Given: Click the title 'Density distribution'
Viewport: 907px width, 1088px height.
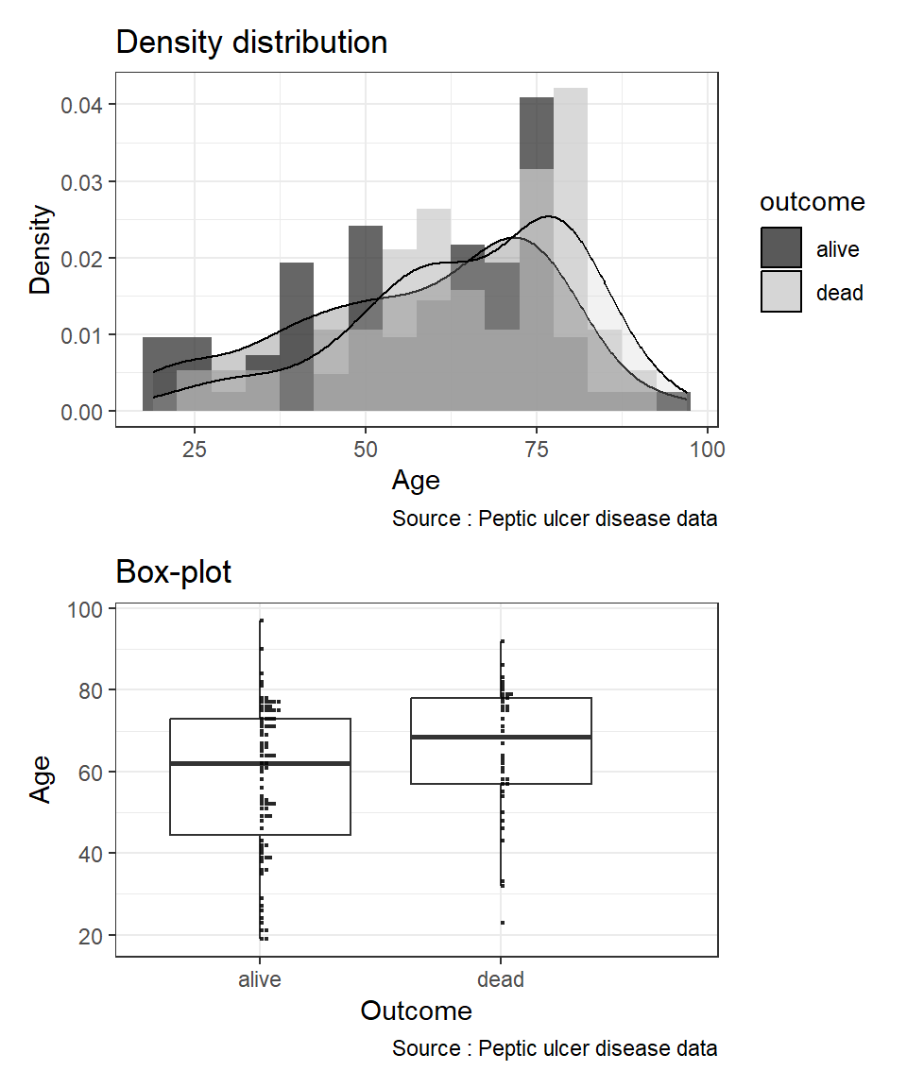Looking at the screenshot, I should pos(251,42).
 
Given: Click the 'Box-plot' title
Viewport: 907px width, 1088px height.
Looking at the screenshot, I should pos(173,572).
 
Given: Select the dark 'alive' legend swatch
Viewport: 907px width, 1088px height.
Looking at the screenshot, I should pos(781,247).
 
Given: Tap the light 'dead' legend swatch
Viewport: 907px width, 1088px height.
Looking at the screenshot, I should pos(781,292).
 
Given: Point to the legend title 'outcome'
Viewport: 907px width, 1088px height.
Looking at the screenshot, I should pos(813,202).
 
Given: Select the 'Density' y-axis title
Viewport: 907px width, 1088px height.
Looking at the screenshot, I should pos(41,249).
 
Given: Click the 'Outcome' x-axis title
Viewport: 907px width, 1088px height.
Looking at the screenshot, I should pos(416,1011).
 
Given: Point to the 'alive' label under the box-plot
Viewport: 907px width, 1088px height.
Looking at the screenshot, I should pos(260,980).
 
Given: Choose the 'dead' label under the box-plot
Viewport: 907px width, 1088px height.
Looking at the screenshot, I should pos(501,980).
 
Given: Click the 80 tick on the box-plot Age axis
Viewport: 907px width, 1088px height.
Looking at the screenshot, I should pos(92,690).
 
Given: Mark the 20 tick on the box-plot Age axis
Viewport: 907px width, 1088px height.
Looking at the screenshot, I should pos(92,936).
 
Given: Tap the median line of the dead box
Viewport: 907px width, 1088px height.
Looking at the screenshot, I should pos(548,737).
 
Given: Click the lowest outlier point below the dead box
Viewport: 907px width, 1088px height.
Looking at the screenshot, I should pos(502,923).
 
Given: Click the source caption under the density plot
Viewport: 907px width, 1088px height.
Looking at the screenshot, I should pos(555,519).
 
